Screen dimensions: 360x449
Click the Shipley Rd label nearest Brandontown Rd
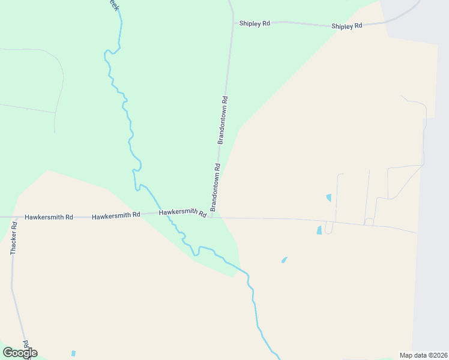pos(255,23)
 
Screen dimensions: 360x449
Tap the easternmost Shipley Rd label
pos(347,26)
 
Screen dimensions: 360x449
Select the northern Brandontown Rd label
pos(223,120)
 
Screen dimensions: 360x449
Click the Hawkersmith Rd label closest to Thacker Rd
pos(49,217)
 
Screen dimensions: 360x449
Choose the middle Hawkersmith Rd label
pos(116,215)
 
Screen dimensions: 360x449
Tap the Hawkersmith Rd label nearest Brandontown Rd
pos(182,213)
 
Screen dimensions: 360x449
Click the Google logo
pos(20,353)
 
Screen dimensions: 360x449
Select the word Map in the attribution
pos(406,355)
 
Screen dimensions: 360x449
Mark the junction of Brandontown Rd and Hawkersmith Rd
pos(212,217)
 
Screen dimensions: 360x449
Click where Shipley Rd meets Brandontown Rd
pos(233,22)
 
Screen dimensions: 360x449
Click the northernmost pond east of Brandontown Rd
pos(328,197)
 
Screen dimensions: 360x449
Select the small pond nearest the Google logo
pos(73,353)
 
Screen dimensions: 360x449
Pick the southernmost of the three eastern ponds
pos(284,260)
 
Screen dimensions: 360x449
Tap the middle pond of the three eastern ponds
pos(319,230)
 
